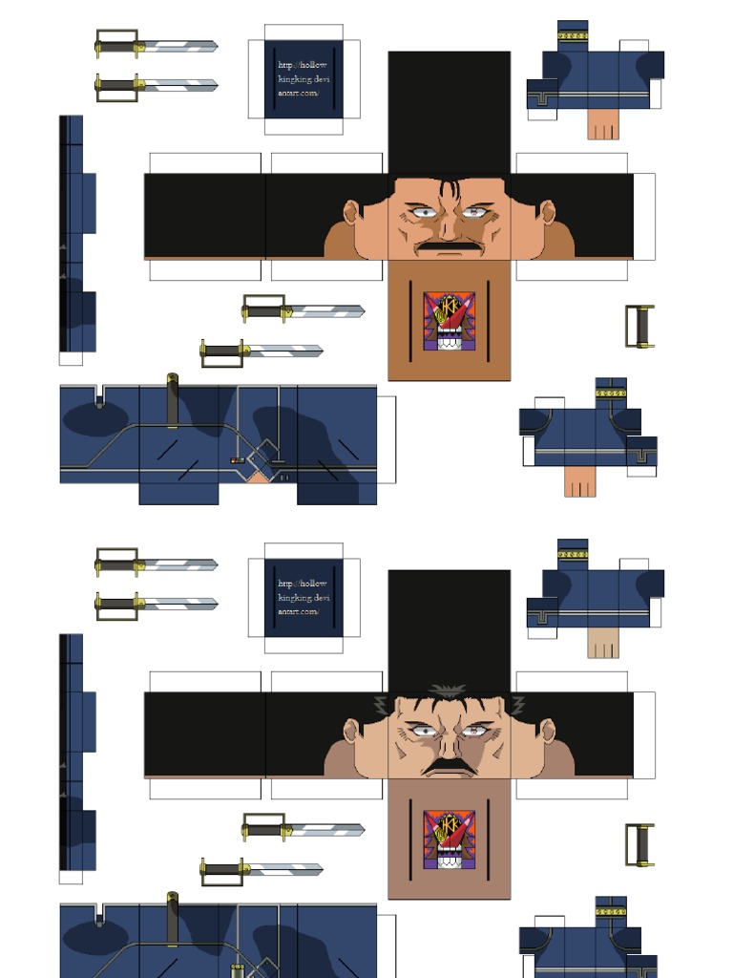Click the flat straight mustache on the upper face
click(x=449, y=247)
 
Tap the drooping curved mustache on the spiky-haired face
click(x=449, y=767)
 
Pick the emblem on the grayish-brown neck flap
click(x=449, y=841)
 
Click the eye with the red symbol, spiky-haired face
click(x=474, y=732)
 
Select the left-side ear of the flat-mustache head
click(x=351, y=212)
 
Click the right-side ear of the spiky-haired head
click(x=548, y=732)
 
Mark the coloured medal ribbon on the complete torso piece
click(x=236, y=460)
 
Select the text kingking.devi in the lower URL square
click(x=304, y=597)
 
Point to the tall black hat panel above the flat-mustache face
click(x=449, y=110)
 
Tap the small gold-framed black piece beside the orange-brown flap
click(x=639, y=326)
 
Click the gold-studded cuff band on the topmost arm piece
click(x=573, y=35)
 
